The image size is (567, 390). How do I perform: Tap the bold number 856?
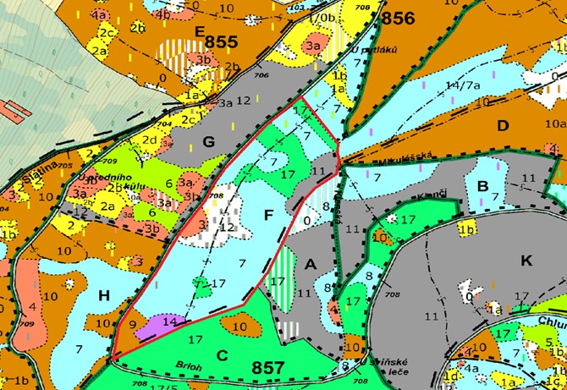pos(399,19)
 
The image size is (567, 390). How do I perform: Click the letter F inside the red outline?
pos(267,215)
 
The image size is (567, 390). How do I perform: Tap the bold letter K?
pos(526,261)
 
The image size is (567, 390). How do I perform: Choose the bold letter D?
pos(503,125)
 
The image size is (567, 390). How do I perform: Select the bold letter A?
pos(311,265)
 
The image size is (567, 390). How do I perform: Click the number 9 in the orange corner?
pos(132,323)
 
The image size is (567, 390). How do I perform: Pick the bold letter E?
pos(200,31)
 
